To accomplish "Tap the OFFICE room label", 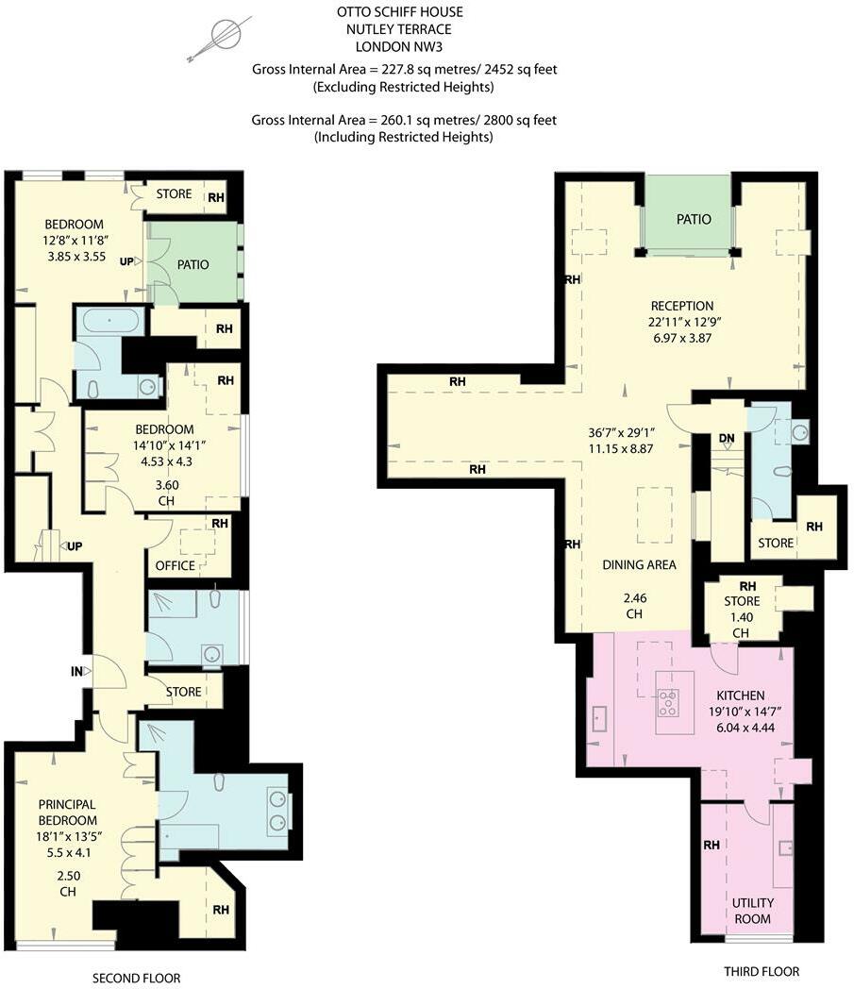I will pyautogui.click(x=175, y=565).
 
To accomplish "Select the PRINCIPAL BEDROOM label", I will pyautogui.click(x=67, y=813).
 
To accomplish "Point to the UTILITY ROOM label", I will pyautogui.click(x=752, y=911).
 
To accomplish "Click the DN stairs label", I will pyautogui.click(x=726, y=439).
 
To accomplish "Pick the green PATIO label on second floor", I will pyautogui.click(x=193, y=264).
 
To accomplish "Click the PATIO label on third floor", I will pyautogui.click(x=693, y=219).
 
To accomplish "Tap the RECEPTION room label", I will pyautogui.click(x=682, y=306).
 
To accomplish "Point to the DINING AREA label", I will pyautogui.click(x=640, y=564).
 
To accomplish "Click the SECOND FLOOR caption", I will pyautogui.click(x=137, y=978).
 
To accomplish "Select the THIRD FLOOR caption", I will pyautogui.click(x=761, y=972).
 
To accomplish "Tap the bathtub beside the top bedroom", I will pyautogui.click(x=110, y=321).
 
